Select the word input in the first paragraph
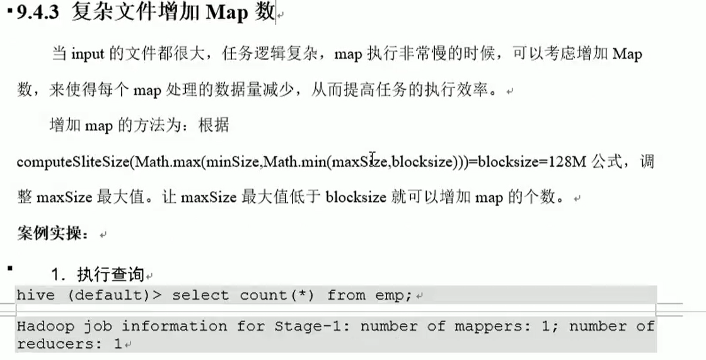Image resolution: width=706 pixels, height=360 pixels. pos(87,54)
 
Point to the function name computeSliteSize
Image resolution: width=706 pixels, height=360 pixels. pos(73,162)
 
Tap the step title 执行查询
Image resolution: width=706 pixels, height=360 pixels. pos(110,275)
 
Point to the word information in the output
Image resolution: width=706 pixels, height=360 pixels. pos(174,327)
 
